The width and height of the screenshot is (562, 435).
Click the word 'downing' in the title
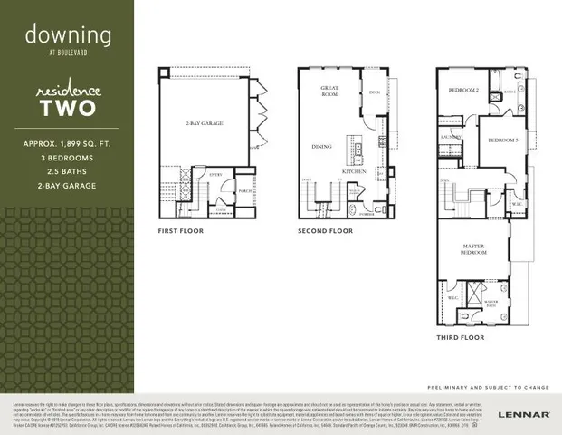[68, 35]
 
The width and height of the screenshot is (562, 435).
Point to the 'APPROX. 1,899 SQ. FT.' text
[68, 145]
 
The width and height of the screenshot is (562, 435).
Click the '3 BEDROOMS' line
[68, 159]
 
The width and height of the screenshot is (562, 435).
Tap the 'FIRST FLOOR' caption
[180, 231]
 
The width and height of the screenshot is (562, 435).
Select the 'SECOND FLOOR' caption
[325, 231]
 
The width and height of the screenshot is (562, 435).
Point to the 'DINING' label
[321, 146]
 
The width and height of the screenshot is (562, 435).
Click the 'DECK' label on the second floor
[374, 91]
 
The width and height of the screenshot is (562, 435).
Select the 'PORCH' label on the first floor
[244, 191]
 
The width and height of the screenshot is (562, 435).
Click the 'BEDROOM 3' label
[502, 140]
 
